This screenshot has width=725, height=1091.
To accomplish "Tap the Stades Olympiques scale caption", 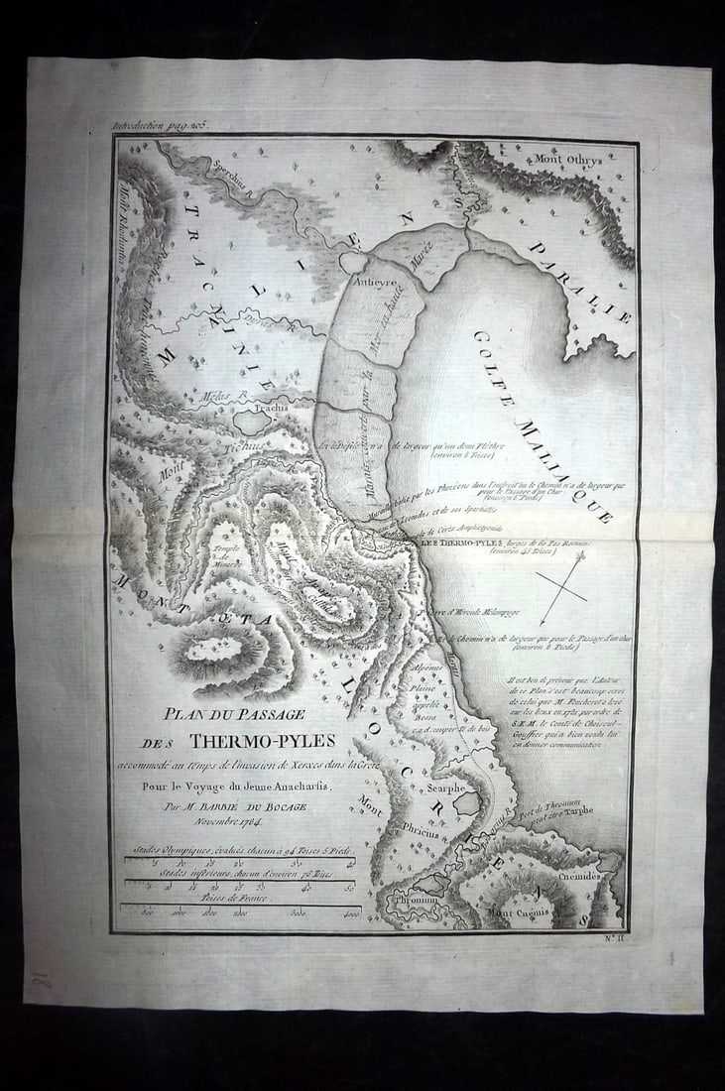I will click(x=238, y=851).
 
